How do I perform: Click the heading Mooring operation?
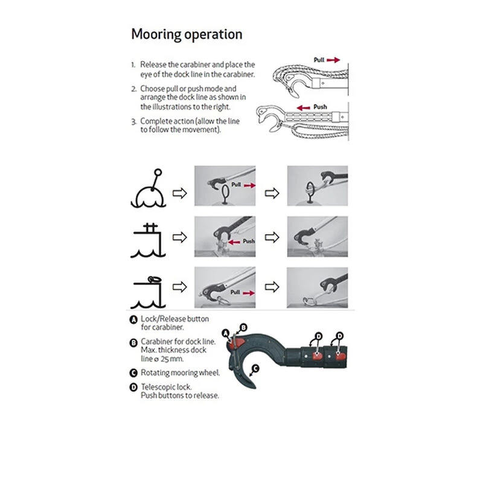(187, 34)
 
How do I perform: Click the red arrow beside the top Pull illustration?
(334, 60)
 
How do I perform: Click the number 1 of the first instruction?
(133, 64)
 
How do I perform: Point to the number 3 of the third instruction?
(133, 121)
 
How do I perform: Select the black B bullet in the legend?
(133, 342)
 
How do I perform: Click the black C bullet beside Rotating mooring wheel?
(133, 373)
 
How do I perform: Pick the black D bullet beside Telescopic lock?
(133, 388)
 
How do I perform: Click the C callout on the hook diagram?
(255, 367)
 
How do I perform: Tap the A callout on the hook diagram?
(226, 333)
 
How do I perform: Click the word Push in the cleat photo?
(248, 241)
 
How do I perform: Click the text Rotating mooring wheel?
(180, 373)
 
